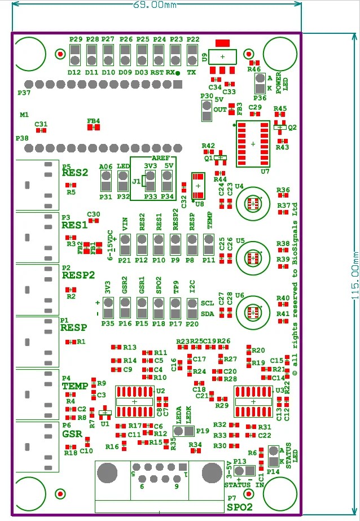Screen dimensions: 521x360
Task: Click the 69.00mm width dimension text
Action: [156, 5]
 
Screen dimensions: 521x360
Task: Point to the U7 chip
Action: [253, 143]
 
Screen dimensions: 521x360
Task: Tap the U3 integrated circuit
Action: [253, 401]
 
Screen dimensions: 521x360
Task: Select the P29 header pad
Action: [76, 55]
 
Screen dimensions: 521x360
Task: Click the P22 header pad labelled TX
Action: [193, 55]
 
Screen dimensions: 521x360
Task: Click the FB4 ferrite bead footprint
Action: [94, 128]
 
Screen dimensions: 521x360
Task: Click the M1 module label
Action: [24, 115]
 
